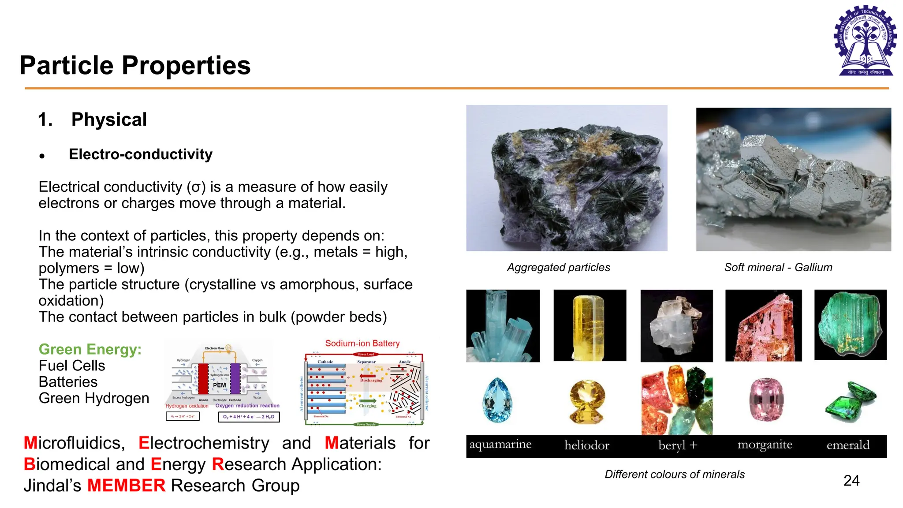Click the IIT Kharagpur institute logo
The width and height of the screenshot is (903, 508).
[866, 41]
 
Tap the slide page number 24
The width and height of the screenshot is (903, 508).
[851, 480]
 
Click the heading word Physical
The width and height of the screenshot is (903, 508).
[109, 120]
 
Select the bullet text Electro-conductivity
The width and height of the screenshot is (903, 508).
[141, 154]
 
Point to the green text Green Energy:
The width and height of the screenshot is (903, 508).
[90, 349]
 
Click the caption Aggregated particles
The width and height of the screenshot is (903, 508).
[558, 267]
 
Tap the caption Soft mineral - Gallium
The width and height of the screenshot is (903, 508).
[778, 267]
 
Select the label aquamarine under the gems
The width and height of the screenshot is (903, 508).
[500, 444]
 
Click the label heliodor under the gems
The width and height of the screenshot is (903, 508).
[587, 445]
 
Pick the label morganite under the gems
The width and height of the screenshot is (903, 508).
[765, 445]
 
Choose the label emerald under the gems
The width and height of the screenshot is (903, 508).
[848, 445]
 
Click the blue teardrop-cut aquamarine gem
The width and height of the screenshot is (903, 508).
[498, 400]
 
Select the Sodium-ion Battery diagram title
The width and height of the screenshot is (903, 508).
[362, 344]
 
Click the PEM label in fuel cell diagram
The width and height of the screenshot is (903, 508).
[219, 385]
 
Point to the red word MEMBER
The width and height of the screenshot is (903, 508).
[126, 486]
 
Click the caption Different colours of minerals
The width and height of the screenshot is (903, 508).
[675, 474]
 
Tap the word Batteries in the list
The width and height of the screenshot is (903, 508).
[68, 382]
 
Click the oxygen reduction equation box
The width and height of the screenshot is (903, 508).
[249, 417]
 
